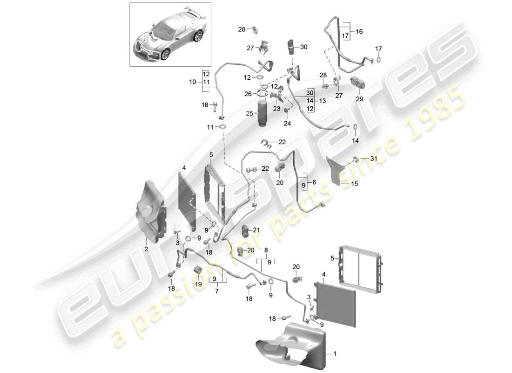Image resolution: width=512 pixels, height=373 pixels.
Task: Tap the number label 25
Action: point(249,113)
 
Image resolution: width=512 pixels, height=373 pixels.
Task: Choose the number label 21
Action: point(256,230)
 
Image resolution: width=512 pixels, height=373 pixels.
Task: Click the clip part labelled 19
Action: point(198,270)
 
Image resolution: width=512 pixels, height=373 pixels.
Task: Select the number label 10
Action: point(193,82)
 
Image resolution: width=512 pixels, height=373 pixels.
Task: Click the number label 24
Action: point(287,124)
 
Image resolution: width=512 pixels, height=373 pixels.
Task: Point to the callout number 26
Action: point(249,94)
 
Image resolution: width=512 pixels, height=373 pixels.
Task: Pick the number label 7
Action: point(216,290)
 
